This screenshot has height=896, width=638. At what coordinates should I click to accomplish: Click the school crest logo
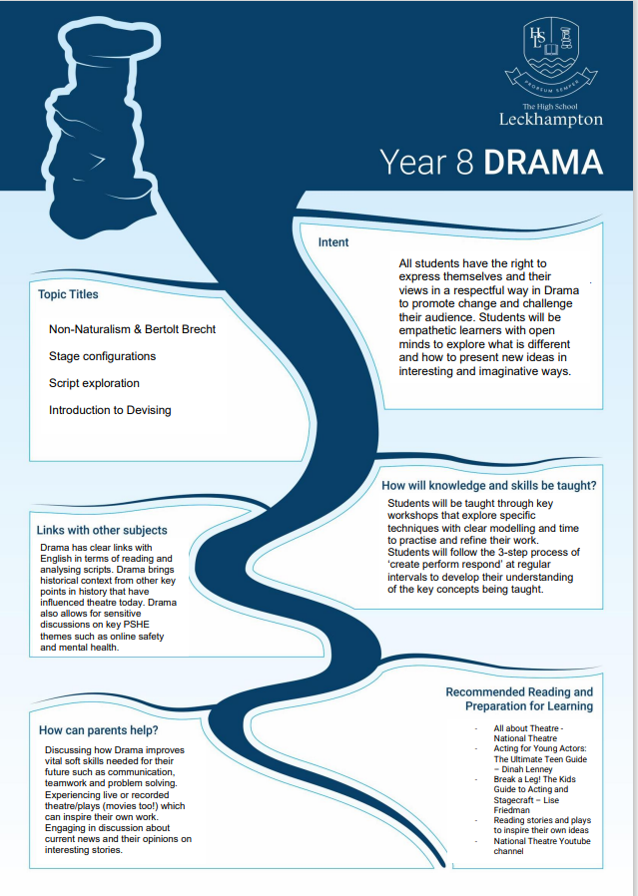551,57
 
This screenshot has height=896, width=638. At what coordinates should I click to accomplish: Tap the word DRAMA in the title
543,163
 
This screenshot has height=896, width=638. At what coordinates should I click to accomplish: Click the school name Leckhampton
550,119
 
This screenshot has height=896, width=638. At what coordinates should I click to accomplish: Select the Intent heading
333,242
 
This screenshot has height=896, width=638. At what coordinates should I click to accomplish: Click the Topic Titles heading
68,294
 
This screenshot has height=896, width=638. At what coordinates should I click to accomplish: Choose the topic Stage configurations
102,356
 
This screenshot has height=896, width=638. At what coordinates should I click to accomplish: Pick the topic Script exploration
94,383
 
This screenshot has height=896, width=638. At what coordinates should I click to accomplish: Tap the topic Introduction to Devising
110,410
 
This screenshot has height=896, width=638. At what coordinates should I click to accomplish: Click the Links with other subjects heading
102,530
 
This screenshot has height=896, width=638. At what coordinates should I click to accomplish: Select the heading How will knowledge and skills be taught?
489,486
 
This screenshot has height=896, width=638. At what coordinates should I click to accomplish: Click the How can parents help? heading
98,730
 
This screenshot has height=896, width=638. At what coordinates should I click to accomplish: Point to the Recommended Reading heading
519,698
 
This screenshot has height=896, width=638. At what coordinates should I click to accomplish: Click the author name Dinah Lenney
527,769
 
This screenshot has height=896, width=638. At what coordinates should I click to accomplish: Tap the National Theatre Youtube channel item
542,846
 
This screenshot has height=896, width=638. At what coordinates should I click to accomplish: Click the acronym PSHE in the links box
136,625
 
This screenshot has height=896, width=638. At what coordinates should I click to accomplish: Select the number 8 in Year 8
465,163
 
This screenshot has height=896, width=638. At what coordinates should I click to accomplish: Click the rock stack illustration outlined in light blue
101,129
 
